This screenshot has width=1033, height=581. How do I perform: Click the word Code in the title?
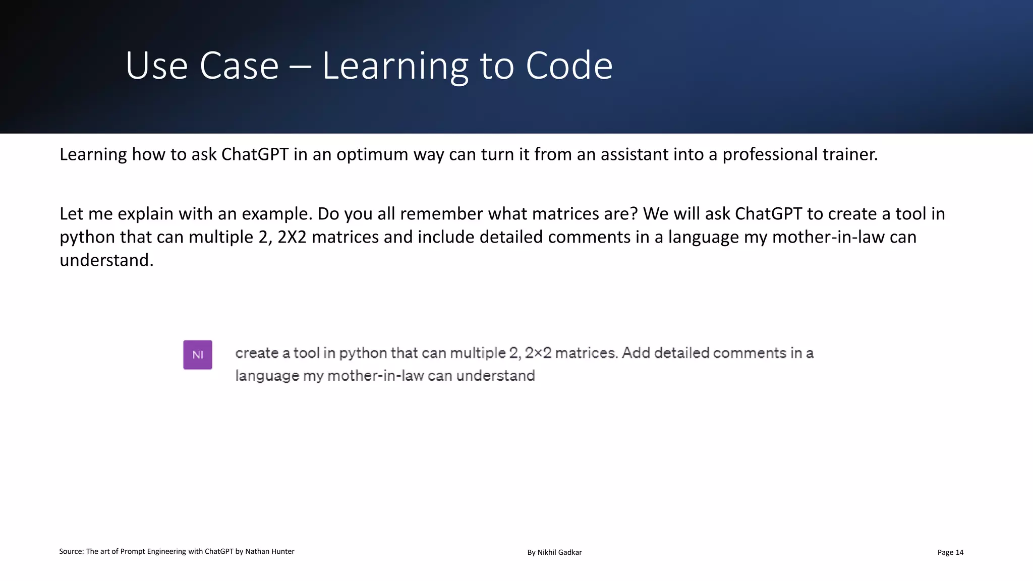click(569, 66)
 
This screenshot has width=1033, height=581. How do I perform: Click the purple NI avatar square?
click(198, 355)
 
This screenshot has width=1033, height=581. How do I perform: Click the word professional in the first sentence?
click(770, 154)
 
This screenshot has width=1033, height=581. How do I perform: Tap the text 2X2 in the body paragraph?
click(292, 237)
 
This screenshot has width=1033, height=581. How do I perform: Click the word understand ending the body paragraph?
click(106, 260)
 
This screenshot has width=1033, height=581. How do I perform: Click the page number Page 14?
click(950, 552)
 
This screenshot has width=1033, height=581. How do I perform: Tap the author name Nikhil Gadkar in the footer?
click(559, 552)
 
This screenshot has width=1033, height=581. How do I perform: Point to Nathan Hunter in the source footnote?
click(269, 551)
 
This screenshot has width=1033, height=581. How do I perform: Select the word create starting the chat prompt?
click(257, 353)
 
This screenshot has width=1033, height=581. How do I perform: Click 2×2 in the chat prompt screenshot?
click(538, 353)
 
